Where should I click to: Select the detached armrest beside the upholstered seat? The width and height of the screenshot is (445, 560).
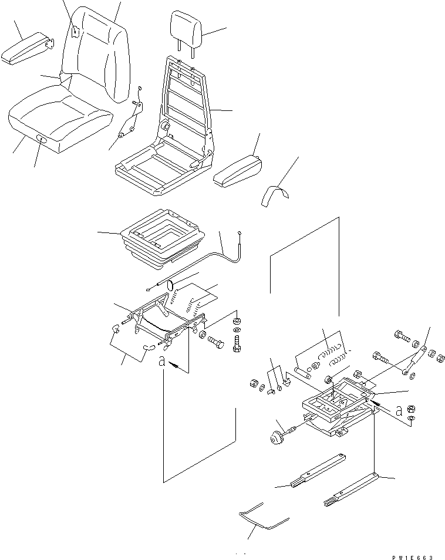click(x=27, y=50)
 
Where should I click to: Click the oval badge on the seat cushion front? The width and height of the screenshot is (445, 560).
click(x=42, y=139)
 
